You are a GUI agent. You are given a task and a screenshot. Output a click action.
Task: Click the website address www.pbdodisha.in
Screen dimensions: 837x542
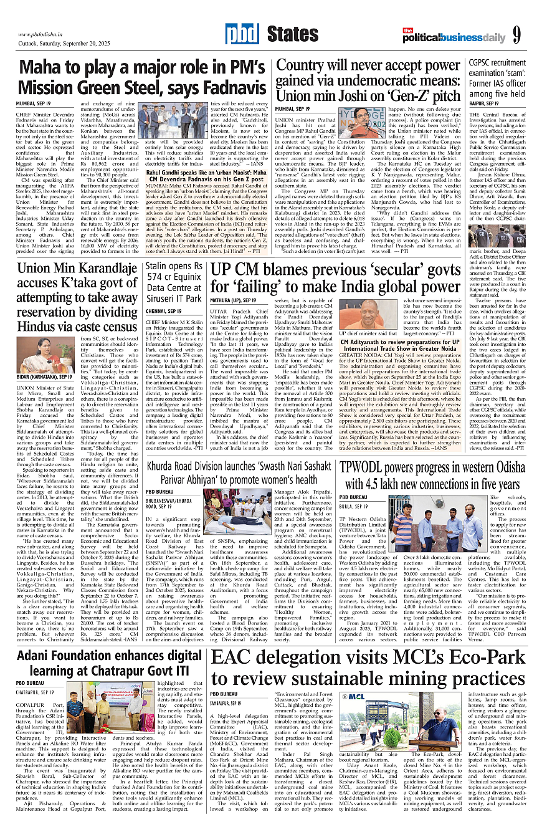point(43,34)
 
